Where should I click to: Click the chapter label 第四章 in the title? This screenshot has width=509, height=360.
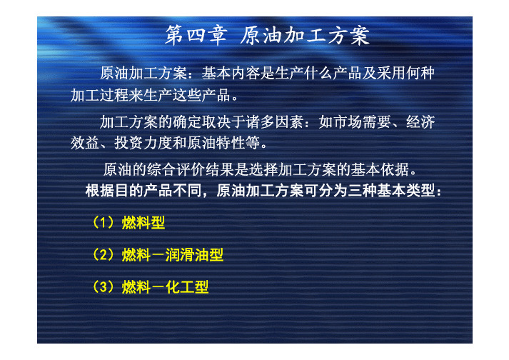point(196,35)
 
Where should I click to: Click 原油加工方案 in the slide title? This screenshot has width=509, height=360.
point(305,35)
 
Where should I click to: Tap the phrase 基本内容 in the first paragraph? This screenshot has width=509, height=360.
point(231,73)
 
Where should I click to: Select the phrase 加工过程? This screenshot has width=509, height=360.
point(99,96)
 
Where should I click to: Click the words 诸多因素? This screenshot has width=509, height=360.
point(275,122)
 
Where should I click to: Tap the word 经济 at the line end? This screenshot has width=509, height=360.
point(420,122)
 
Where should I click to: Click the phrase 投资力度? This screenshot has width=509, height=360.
point(143,143)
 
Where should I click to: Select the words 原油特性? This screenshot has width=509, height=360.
point(216,143)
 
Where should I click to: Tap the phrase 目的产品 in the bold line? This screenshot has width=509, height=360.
point(143,191)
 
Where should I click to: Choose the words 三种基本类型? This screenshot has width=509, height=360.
point(391,191)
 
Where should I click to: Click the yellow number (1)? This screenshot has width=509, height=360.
point(104,223)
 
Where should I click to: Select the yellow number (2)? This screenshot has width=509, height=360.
point(104,255)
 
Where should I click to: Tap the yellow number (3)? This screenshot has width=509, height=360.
point(104,287)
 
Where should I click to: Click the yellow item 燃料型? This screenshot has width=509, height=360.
point(143,223)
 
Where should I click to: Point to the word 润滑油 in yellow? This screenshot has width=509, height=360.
point(187,255)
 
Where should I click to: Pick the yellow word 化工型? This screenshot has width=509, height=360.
point(187,287)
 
